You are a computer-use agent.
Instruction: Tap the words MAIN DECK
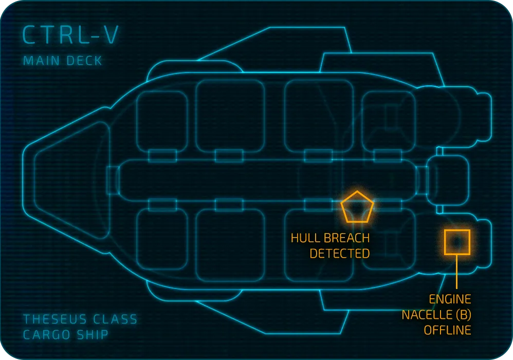(x=63, y=61)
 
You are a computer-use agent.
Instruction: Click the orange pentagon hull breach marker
(x=357, y=208)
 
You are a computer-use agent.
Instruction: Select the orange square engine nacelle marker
(x=457, y=242)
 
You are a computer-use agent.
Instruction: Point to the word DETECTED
(x=339, y=254)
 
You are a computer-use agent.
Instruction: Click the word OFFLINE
(x=447, y=330)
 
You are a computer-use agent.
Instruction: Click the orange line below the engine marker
(x=457, y=273)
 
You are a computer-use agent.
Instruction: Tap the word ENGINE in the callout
(x=450, y=299)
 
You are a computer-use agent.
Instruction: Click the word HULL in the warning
(x=304, y=239)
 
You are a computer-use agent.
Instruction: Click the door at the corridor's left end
(x=112, y=180)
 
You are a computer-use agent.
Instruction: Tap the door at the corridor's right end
(x=422, y=180)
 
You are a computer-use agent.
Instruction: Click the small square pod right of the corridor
(x=449, y=180)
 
